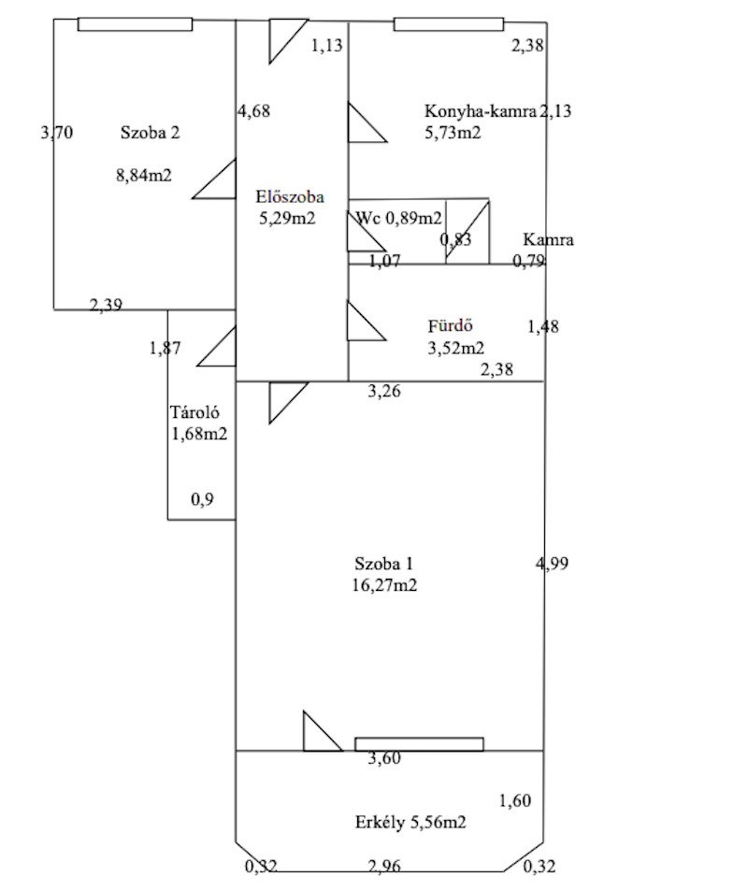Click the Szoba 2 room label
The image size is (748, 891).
pyautogui.click(x=150, y=133)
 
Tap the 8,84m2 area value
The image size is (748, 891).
pyautogui.click(x=144, y=176)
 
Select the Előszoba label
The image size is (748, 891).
pyautogui.click(x=290, y=197)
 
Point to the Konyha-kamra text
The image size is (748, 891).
pyautogui.click(x=481, y=111)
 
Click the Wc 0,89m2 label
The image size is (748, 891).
pyautogui.click(x=398, y=218)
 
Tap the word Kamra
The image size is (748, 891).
pyautogui.click(x=548, y=239)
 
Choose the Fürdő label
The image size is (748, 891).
pyautogui.click(x=450, y=325)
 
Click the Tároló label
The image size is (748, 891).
pyautogui.click(x=194, y=412)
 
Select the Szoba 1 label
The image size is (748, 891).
pyautogui.click(x=383, y=565)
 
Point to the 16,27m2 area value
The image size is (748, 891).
pyautogui.click(x=384, y=585)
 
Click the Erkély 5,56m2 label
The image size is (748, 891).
pyautogui.click(x=410, y=822)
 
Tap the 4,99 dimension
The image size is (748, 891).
pyautogui.click(x=552, y=564)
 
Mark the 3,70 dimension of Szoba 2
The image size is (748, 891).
pyautogui.click(x=57, y=133)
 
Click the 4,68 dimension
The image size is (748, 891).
pyautogui.click(x=254, y=111)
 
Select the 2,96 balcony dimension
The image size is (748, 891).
pyautogui.click(x=384, y=867)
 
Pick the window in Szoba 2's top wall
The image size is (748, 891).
pyautogui.click(x=135, y=24)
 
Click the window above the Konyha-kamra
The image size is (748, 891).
pyautogui.click(x=449, y=24)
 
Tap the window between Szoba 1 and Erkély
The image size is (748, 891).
pyautogui.click(x=420, y=744)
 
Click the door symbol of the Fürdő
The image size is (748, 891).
pyautogui.click(x=367, y=321)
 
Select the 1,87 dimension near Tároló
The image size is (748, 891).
pyautogui.click(x=165, y=348)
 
